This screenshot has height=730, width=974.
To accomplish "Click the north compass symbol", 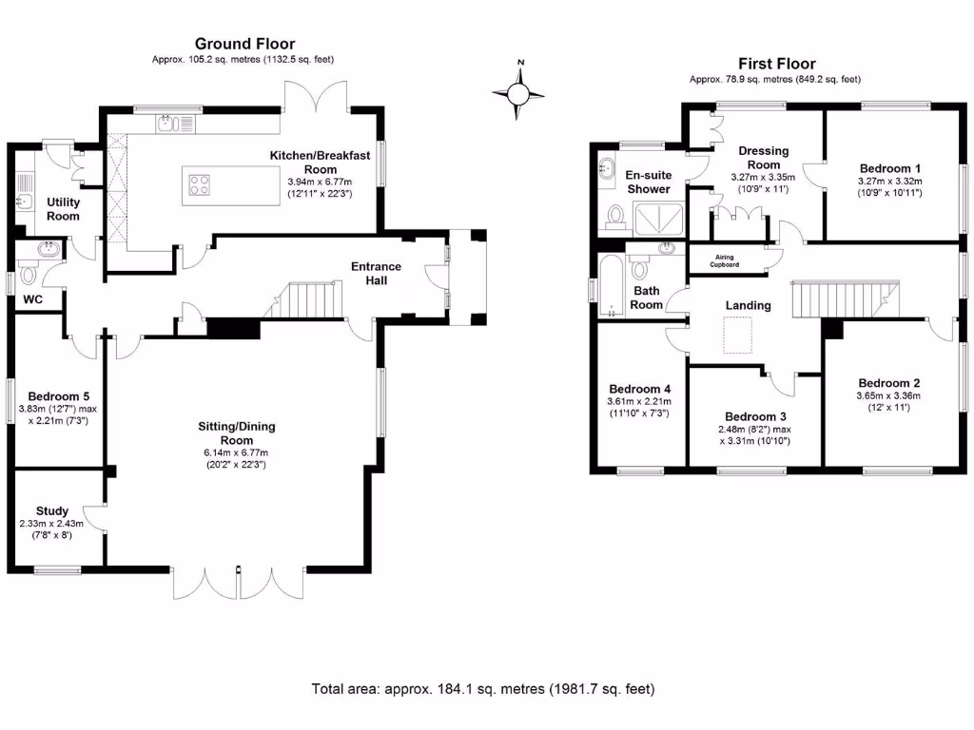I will click(518, 93).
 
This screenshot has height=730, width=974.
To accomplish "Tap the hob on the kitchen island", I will click(201, 183).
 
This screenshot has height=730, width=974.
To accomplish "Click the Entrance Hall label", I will click(377, 274).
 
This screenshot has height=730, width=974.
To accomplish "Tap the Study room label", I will click(51, 510).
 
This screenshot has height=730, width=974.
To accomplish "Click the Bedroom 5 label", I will click(58, 396).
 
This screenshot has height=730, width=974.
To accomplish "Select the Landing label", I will click(748, 305).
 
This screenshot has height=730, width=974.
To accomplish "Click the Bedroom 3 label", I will click(755, 417).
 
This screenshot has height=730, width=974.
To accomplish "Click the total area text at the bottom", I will click(483, 688).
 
